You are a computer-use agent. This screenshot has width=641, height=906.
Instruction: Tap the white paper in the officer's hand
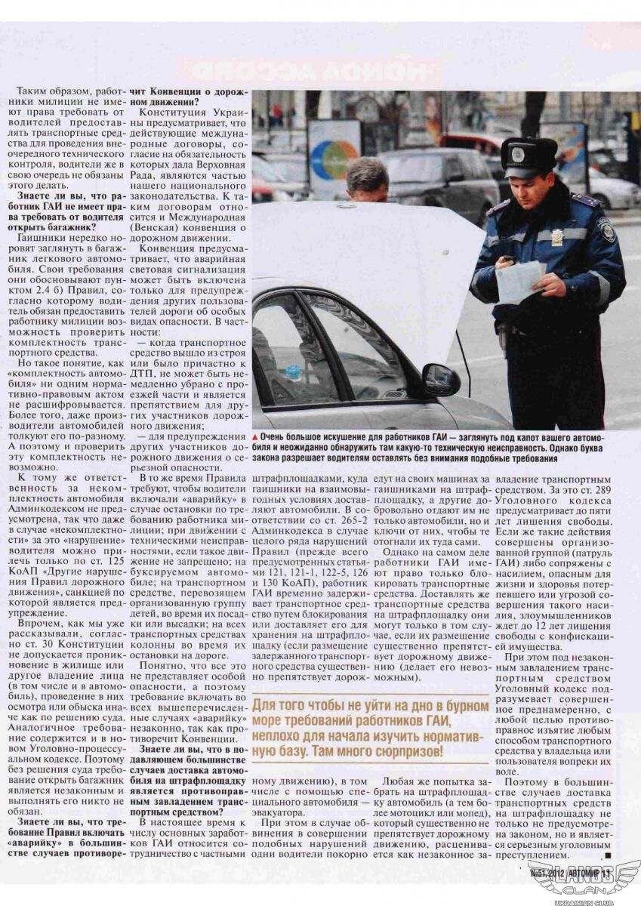(x=520, y=281)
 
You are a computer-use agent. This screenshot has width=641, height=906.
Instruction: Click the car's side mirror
(x=441, y=379)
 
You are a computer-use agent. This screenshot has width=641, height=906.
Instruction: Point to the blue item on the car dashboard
(x=294, y=372)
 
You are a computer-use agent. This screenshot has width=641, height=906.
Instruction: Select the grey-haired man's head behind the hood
(x=368, y=179)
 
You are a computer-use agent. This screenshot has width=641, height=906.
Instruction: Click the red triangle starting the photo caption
(x=256, y=437)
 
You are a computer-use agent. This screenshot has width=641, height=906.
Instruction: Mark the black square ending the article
(x=609, y=856)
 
